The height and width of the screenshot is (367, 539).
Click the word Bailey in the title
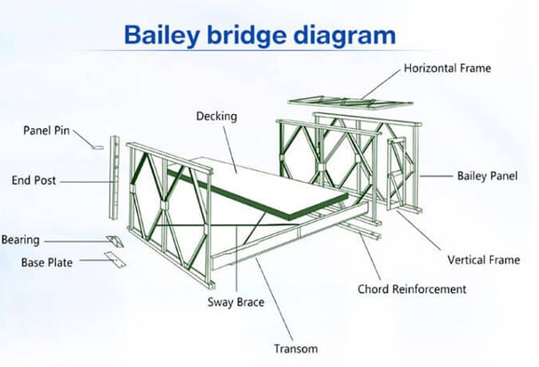(162, 35)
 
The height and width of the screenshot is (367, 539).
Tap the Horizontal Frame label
(447, 69)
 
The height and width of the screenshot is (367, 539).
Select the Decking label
(216, 117)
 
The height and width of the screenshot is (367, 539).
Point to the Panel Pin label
(46, 130)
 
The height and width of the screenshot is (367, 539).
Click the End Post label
(34, 181)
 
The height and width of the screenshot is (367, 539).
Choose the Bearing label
(20, 240)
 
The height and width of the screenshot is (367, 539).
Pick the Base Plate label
(47, 263)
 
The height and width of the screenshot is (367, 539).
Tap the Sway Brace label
(236, 302)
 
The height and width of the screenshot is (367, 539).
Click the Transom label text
(295, 349)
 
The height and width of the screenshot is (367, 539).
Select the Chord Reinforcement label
(412, 290)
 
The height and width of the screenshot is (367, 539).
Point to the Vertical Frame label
(484, 260)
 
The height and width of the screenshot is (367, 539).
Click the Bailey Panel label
(487, 175)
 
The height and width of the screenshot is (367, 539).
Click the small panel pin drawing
(98, 148)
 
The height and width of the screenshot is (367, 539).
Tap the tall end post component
(114, 177)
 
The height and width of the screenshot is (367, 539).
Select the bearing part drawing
(115, 241)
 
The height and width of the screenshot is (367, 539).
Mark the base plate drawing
(115, 259)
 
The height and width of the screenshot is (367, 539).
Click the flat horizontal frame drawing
(350, 103)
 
